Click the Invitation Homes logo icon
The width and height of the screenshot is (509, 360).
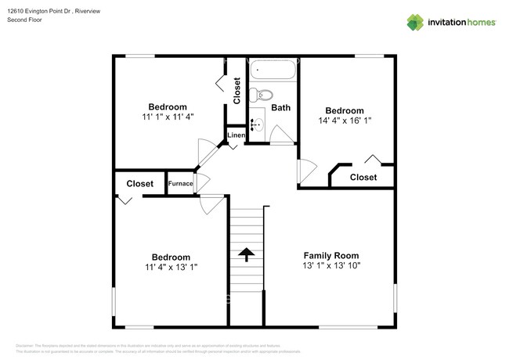414,23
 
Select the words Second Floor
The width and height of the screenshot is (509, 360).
24,20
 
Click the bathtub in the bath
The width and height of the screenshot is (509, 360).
274,71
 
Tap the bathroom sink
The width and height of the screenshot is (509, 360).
256,122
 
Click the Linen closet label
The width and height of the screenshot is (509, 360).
236,135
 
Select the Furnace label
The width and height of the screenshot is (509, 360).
180,183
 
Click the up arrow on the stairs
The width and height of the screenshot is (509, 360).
247,254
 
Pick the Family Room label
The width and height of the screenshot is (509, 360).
331,255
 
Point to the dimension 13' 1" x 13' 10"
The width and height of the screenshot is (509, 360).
331,266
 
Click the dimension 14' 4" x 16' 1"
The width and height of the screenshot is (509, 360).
345,121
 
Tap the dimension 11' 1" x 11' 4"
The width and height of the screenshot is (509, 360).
168,117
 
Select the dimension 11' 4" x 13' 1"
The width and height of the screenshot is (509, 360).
171,267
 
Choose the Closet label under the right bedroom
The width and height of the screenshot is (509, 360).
363,178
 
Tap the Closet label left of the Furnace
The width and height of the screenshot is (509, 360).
140,183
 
